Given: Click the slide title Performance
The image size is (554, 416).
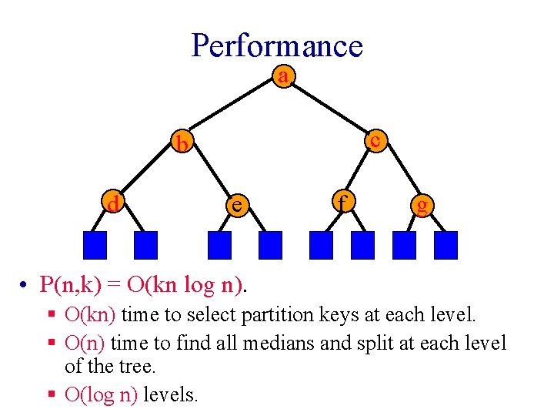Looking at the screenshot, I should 276,45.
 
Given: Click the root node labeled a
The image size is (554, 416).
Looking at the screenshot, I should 284,76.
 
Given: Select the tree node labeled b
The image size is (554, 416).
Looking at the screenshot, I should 182,143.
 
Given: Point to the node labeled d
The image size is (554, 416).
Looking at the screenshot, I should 114,204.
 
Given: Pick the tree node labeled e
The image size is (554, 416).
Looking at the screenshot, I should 238,204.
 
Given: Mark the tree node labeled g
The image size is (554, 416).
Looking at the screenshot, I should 421,205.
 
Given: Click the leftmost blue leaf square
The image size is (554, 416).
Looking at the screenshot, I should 95,245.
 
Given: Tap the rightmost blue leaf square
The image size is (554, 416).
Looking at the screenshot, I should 446,245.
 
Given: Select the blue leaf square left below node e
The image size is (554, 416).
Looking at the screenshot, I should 220,245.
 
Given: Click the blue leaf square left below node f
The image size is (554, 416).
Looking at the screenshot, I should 321,245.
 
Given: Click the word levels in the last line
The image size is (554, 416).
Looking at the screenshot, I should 171,396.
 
